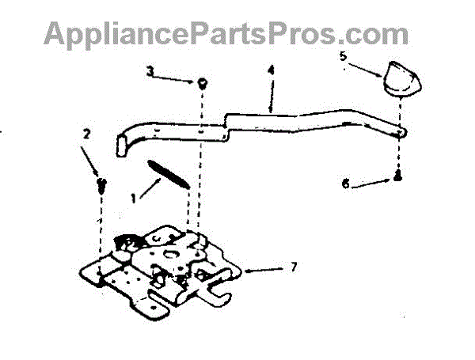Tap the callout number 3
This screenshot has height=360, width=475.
[x=151, y=71]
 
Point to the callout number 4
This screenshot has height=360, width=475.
[x=271, y=70]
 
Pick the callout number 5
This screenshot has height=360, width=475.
[x=344, y=56]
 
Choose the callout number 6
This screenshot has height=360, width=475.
[x=344, y=185]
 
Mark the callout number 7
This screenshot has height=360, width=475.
[x=294, y=267]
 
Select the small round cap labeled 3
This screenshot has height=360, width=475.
[x=203, y=81]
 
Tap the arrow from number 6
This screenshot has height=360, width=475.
[x=372, y=183]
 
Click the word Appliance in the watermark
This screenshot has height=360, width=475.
[x=112, y=34]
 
